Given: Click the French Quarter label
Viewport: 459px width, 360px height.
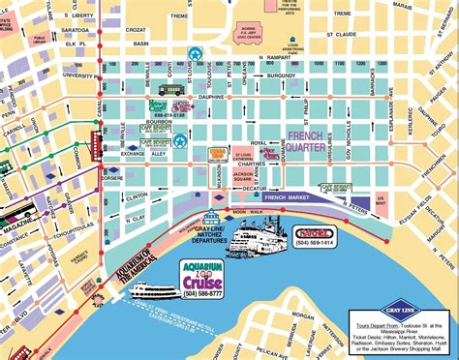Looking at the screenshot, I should (x=309, y=142).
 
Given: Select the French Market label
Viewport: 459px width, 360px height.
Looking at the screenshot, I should (x=291, y=197).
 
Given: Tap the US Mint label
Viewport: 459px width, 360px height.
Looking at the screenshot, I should (x=380, y=199).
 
